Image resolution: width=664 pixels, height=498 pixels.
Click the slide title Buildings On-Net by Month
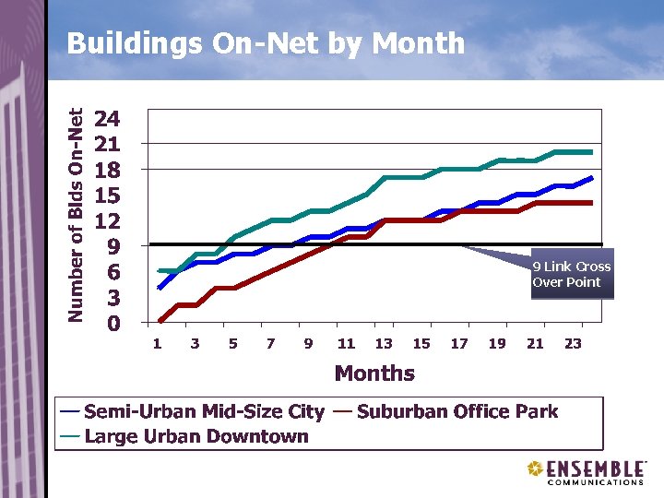tap(266, 42)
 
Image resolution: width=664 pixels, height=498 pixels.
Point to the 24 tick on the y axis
tap(107, 119)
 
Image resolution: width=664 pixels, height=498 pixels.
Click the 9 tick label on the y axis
tap(112, 247)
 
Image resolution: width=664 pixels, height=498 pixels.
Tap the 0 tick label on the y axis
tap(112, 324)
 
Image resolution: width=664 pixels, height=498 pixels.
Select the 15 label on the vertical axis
tap(107, 196)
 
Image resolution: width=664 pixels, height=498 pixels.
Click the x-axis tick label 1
tap(158, 344)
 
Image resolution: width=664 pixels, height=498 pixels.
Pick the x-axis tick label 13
tap(384, 344)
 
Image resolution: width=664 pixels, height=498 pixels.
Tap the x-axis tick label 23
tap(573, 344)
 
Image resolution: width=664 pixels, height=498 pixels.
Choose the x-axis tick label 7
tap(270, 344)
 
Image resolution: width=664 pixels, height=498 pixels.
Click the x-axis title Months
tap(374, 373)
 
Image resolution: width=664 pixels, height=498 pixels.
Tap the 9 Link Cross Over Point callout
tap(571, 275)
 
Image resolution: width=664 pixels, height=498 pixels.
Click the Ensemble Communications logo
tap(586, 472)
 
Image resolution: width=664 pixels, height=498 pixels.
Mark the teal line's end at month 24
tap(591, 151)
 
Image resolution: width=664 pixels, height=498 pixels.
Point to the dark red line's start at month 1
tap(159, 322)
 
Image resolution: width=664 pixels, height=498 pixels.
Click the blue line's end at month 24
tap(591, 177)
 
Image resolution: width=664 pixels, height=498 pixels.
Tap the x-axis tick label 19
tap(497, 344)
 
